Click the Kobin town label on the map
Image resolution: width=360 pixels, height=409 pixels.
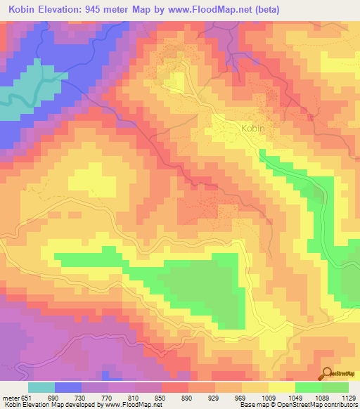click(253, 129)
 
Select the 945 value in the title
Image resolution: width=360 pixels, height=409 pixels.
click(115, 10)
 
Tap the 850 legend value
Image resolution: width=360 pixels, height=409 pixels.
click(162, 398)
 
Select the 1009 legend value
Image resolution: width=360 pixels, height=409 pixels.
click(268, 398)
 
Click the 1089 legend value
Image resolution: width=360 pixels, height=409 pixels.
click(321, 398)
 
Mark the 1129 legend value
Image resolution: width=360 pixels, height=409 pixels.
click(348, 398)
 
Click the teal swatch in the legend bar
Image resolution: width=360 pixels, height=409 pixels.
click(41, 387)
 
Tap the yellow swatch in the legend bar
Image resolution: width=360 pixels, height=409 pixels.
click(281, 387)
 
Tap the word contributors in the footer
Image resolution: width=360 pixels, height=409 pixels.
click(342, 405)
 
